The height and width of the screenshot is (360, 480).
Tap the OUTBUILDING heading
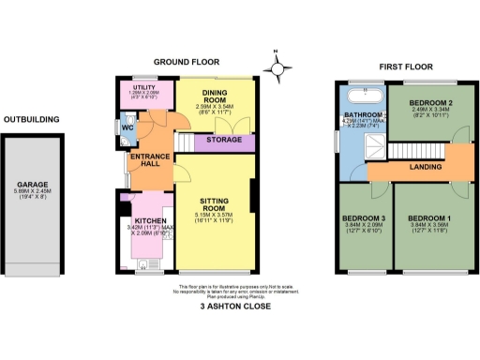32,119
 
